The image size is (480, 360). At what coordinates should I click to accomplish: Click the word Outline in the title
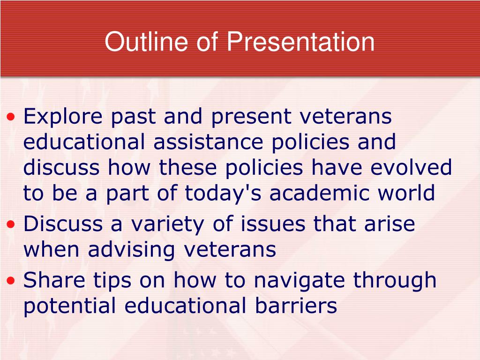pos(146,41)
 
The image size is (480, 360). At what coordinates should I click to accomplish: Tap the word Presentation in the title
pos(300,41)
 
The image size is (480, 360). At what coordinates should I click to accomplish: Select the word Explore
pos(63,117)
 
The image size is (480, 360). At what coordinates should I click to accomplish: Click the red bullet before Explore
pos(11,117)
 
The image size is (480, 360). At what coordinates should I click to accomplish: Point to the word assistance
pos(208,142)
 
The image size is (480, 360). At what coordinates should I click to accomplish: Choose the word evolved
pos(411,167)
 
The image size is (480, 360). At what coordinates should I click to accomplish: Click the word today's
pos(223,194)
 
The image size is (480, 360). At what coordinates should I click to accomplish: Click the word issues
pos(273,224)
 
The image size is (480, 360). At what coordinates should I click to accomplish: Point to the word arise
pos(390,224)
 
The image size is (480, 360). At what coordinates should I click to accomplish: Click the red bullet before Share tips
pos(11,280)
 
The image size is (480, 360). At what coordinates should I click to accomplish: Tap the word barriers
pos(296,306)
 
